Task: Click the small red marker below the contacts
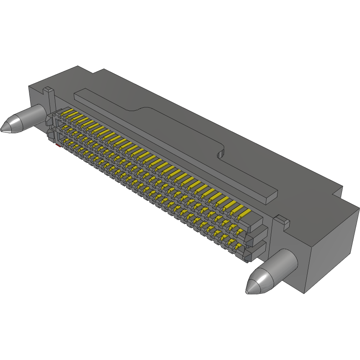[57, 145]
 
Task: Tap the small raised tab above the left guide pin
[49, 90]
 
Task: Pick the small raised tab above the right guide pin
[281, 220]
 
